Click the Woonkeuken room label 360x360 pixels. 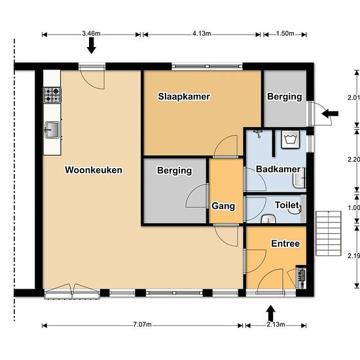pos(94,170)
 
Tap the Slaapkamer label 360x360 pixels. pos(184,96)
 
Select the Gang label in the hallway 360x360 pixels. pos(223,206)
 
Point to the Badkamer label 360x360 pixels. pos(278,169)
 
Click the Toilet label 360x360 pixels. pos(287,205)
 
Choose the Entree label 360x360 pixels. pos(285,243)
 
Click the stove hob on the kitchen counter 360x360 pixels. pos(52,95)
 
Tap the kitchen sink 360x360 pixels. pos(52,130)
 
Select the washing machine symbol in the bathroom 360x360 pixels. pos(291,139)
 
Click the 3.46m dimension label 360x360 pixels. pos(91,33)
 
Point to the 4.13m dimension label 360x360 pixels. pos(202,33)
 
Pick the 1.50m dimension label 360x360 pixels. pos(285,33)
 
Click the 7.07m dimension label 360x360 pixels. pos(142,325)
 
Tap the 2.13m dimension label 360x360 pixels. pos(276,325)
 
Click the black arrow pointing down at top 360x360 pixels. pos(92,46)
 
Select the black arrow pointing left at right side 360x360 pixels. pos(330,113)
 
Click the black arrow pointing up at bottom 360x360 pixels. pos(271,313)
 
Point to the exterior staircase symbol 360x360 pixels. pos(329,233)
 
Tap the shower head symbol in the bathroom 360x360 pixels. pos(259,133)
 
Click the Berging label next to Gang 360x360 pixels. pos(175,171)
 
